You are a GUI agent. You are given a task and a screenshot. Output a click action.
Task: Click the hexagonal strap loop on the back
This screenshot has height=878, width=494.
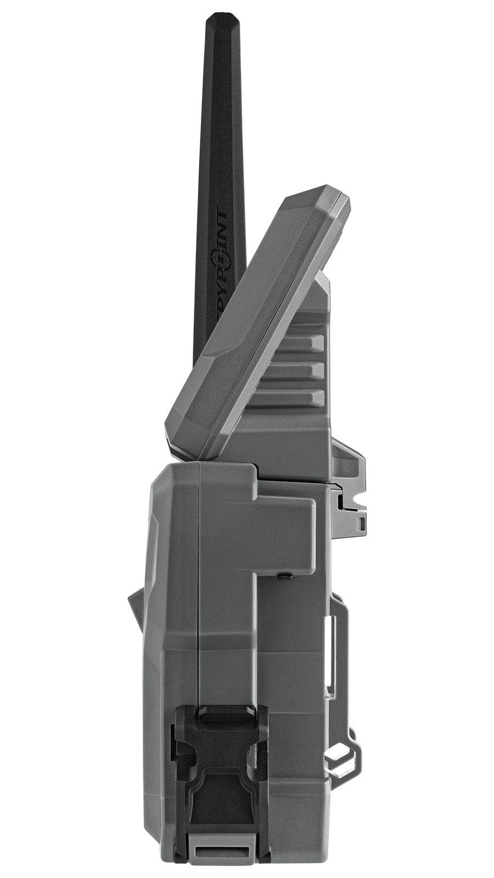pyautogui.click(x=343, y=757)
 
